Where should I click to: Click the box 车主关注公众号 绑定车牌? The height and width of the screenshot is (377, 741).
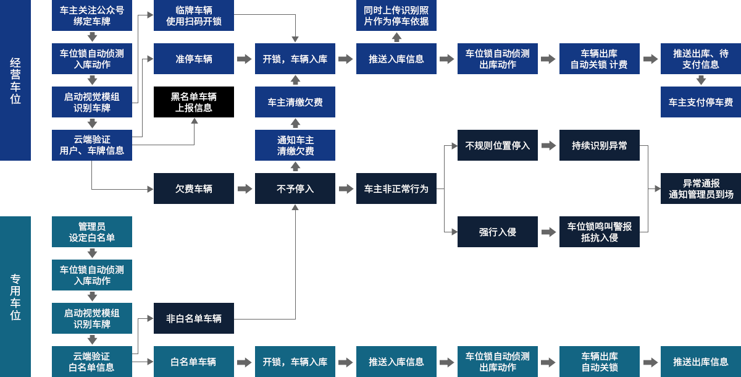coord(91,15)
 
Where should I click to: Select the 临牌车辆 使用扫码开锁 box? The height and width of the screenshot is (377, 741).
coord(193,15)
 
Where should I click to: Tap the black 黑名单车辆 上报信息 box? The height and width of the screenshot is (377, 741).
coord(193,102)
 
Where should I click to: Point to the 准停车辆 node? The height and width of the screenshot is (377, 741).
coord(193,59)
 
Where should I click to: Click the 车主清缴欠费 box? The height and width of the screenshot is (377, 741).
coord(295,102)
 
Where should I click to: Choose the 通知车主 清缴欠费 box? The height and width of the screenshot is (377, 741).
coord(295,145)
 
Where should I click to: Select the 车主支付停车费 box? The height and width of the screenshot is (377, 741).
coord(700,102)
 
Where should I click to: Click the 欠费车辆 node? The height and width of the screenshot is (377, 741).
coord(193,188)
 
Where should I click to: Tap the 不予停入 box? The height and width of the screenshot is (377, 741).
coord(295,188)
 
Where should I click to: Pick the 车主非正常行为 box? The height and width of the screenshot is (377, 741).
coord(396,188)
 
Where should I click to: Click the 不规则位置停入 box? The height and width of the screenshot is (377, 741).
coord(497,145)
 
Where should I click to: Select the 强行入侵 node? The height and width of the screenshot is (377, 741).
coord(497,232)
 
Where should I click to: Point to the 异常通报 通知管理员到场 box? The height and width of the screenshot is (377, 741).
coord(700,188)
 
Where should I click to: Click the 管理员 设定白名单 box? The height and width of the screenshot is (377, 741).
coord(91,232)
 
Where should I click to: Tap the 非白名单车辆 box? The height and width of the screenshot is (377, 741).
coord(193,318)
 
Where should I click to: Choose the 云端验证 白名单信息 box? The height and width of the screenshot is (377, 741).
coord(91,362)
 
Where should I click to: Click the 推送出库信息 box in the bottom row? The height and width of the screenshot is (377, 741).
coord(700,362)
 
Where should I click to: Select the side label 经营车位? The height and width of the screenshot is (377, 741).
coord(15,80)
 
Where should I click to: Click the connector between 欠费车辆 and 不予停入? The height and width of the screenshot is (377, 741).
coord(245,188)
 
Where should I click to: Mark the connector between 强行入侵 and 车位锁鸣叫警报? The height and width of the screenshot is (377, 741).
coord(548,232)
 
